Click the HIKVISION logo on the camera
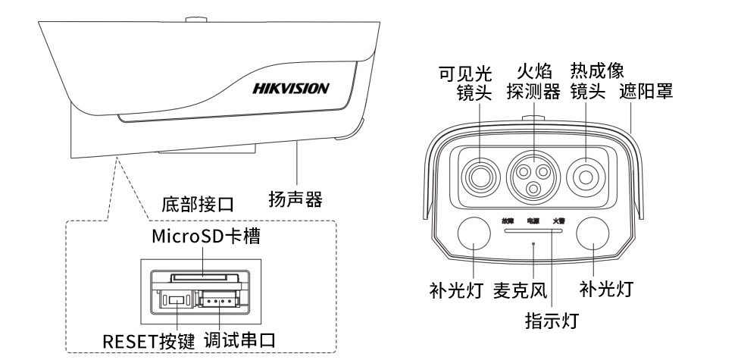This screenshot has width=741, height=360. point(289,88)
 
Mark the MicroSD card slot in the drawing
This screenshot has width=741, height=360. point(199,277)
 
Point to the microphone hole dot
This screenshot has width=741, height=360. point(535,243)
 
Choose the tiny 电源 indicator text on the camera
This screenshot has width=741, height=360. point(534,221)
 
